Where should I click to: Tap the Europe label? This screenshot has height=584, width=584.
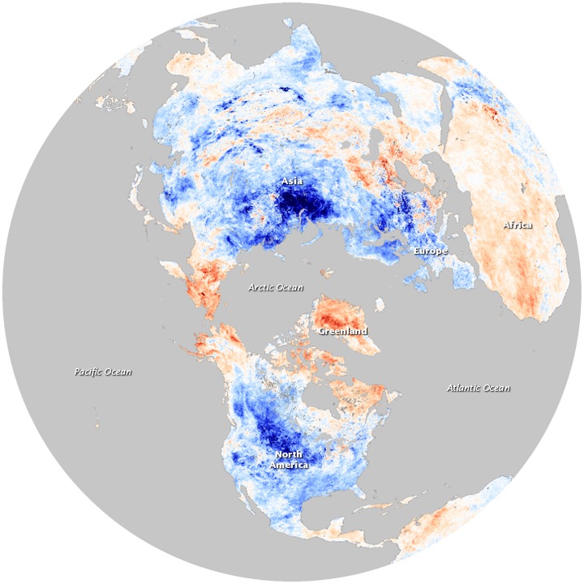[x=429, y=251]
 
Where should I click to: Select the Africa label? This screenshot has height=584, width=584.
[x=517, y=225]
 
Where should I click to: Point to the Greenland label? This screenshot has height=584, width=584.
[x=342, y=331]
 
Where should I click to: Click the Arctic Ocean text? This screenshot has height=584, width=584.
[x=275, y=287]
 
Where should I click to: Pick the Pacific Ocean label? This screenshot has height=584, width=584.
[x=102, y=372]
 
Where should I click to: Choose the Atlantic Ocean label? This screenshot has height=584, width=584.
[x=479, y=389]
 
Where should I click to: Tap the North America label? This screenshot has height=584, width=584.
[x=290, y=460]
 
